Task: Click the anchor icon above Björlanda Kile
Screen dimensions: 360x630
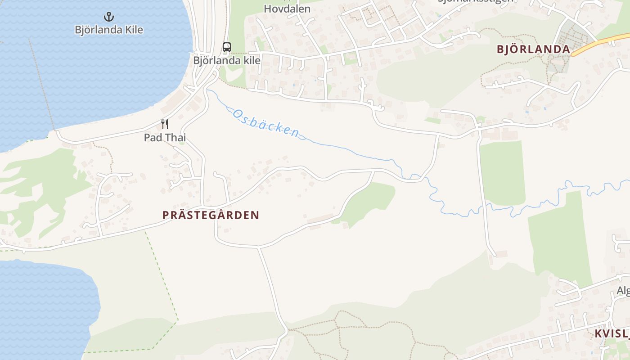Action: pyautogui.click(x=108, y=17)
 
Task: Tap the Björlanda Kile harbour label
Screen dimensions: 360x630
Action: pyautogui.click(x=108, y=30)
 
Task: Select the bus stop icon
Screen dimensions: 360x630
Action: pyautogui.click(x=227, y=47)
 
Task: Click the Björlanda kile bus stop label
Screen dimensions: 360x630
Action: pyautogui.click(x=227, y=60)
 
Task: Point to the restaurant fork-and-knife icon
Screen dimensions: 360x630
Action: pyautogui.click(x=165, y=124)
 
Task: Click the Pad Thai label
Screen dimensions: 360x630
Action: pyautogui.click(x=165, y=137)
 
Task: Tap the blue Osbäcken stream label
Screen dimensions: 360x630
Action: pyautogui.click(x=265, y=123)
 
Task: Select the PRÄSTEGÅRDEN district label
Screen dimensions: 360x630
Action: pyautogui.click(x=211, y=215)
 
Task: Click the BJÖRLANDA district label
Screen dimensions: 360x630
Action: pyautogui.click(x=533, y=49)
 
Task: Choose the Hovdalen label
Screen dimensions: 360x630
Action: pyautogui.click(x=287, y=9)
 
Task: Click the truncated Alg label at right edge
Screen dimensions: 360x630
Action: pyautogui.click(x=623, y=291)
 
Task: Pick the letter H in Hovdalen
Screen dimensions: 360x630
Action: pyautogui.click(x=268, y=9)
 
